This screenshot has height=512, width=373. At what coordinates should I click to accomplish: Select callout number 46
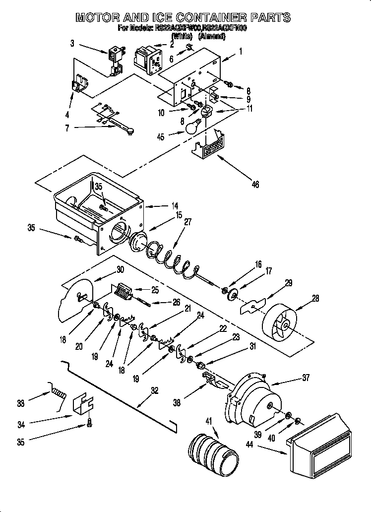pos(255,185)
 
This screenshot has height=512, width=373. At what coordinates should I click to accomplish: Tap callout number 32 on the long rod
pos(154,390)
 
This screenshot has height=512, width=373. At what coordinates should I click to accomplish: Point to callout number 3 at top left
pos(72,44)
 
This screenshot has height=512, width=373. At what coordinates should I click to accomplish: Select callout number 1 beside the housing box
pos(241,51)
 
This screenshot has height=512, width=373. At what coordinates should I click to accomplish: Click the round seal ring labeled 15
pos(139,242)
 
